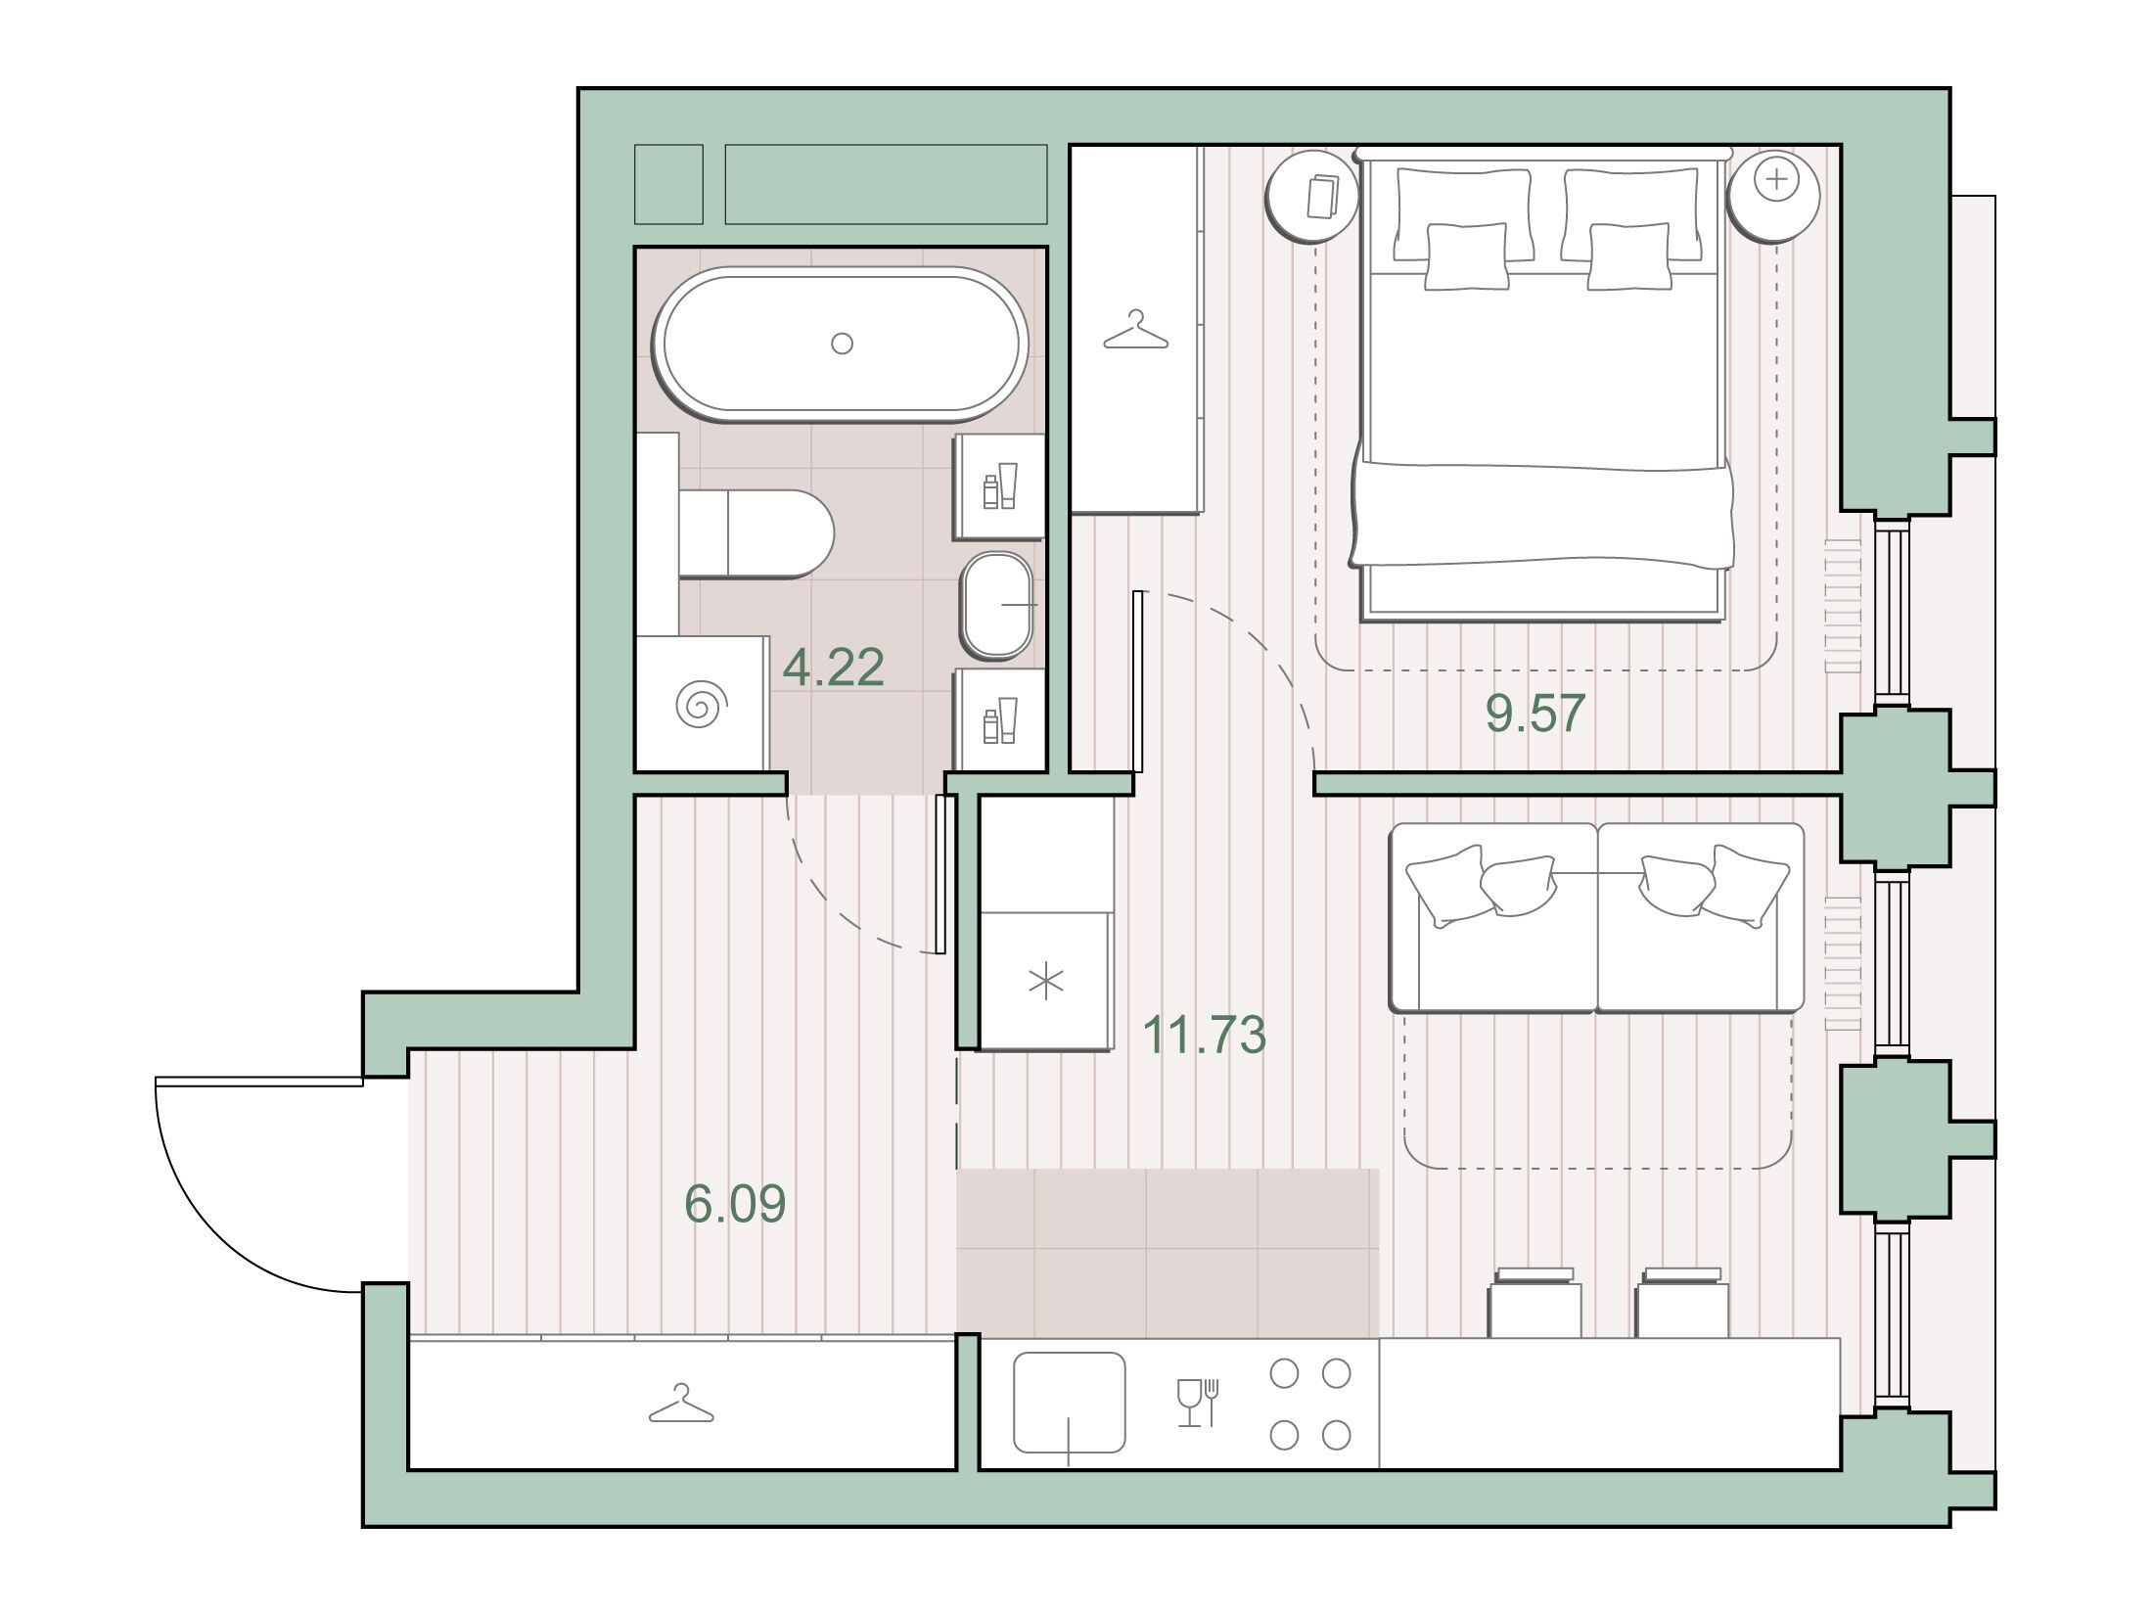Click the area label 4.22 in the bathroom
(834, 668)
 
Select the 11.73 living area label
(1204, 1035)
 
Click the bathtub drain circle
(842, 343)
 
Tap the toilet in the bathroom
(755, 534)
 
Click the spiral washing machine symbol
(703, 705)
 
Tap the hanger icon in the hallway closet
(681, 1404)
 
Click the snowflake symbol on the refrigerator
(1045, 982)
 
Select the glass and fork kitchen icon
(1198, 1403)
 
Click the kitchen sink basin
(1069, 1403)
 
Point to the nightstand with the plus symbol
(1773, 196)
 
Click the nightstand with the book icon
(1312, 196)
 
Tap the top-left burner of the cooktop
(1284, 1374)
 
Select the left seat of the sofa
(1493, 917)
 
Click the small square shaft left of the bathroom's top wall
(668, 184)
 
